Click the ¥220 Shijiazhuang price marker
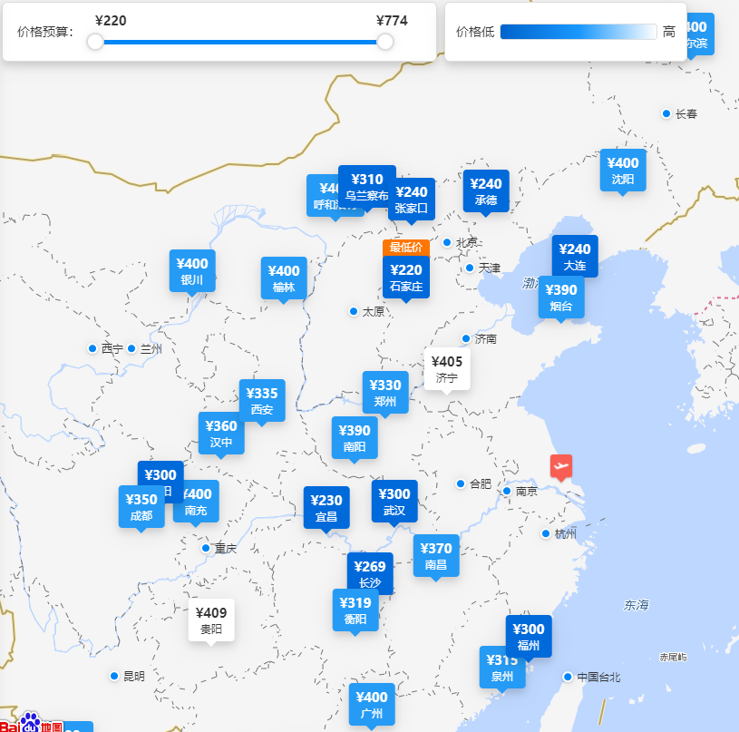click(405, 277)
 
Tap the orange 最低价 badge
click(405, 248)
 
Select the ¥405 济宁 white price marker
click(447, 369)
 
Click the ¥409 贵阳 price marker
click(211, 620)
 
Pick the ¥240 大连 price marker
click(575, 257)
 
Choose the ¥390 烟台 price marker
click(561, 298)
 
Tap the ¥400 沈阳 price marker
click(623, 171)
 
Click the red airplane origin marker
click(561, 466)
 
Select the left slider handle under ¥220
click(95, 42)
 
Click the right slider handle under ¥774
click(385, 42)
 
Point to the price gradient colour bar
click(578, 32)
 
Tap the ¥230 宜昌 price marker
click(326, 507)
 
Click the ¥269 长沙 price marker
click(370, 573)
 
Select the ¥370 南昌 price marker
click(436, 555)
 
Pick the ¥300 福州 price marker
click(529, 637)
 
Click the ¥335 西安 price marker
click(262, 401)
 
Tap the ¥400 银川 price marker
click(192, 270)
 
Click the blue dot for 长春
click(666, 113)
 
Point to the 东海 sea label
click(637, 605)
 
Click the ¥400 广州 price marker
click(372, 705)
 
